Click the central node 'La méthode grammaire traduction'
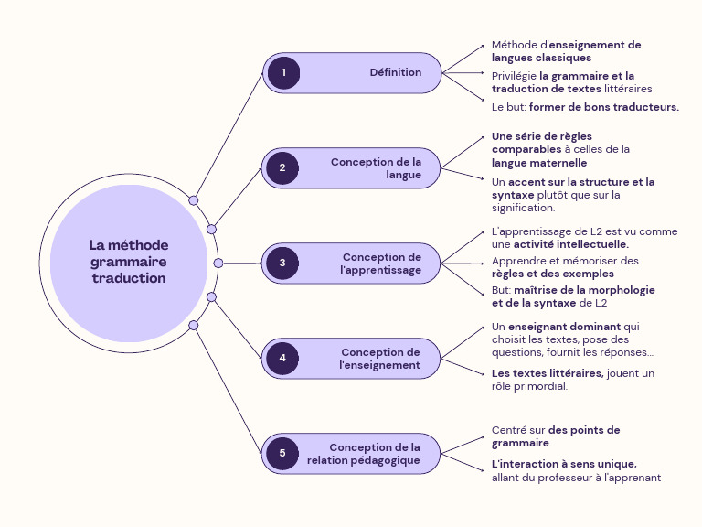click(129, 263)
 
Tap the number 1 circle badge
click(283, 72)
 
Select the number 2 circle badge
click(283, 167)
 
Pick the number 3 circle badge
click(283, 263)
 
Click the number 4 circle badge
click(283, 358)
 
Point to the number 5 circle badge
click(283, 453)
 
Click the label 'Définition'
click(395, 72)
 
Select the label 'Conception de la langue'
click(376, 168)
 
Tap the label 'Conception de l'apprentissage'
click(381, 263)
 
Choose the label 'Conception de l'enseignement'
click(380, 359)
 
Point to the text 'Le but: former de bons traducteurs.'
click(585, 107)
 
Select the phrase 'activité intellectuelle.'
click(570, 244)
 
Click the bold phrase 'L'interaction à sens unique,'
click(564, 463)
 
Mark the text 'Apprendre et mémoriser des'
click(565, 261)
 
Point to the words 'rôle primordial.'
click(529, 385)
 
